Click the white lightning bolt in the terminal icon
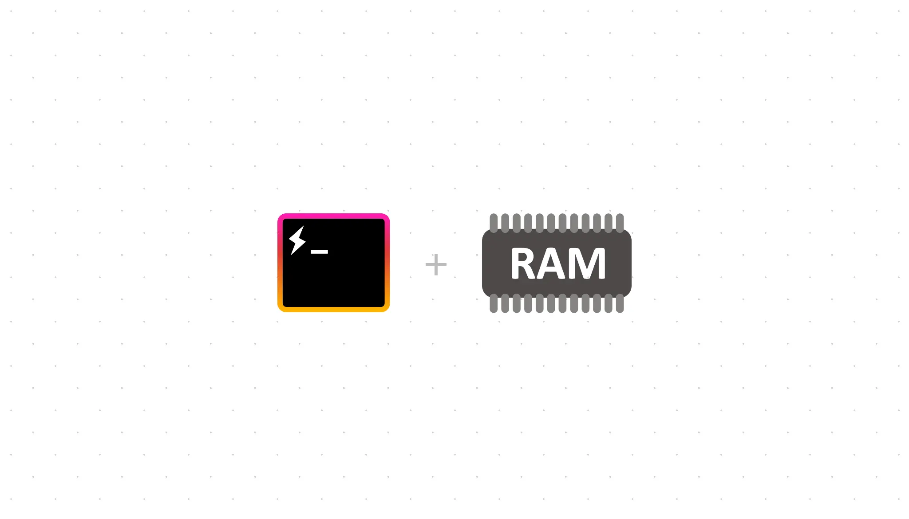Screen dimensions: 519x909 297,240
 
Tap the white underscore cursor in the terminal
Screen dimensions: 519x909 319,252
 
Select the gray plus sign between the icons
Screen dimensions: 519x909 436,264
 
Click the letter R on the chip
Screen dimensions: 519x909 523,263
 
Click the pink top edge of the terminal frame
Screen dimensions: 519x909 333,216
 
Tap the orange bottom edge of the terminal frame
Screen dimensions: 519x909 333,309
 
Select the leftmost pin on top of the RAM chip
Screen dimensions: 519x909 493,221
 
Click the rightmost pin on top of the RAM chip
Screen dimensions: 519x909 620,221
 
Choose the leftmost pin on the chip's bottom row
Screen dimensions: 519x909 493,304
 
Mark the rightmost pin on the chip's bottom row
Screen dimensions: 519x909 620,304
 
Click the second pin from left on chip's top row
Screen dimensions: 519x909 505,221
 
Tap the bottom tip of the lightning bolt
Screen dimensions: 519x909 292,254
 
